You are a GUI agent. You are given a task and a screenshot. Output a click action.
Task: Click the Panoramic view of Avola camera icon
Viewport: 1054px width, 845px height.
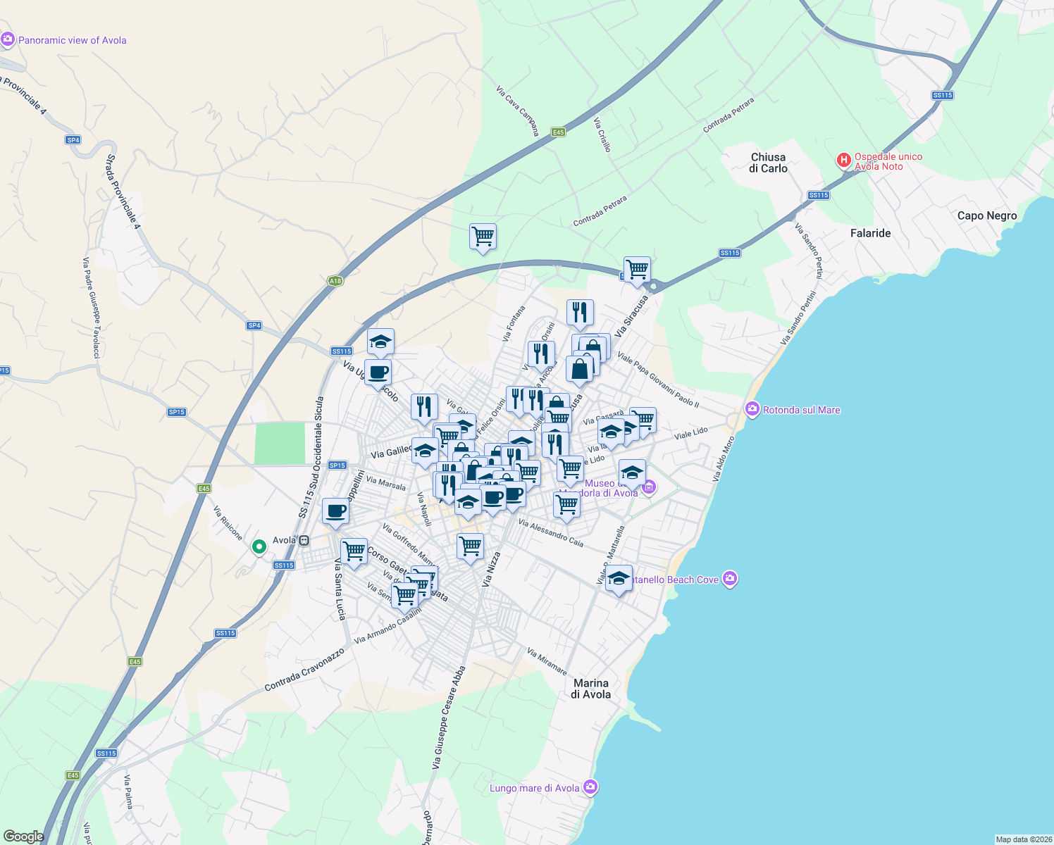[8, 39]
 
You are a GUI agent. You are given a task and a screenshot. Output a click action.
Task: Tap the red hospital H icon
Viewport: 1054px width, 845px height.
[843, 161]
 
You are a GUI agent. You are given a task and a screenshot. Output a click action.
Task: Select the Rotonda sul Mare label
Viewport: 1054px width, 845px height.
[801, 410]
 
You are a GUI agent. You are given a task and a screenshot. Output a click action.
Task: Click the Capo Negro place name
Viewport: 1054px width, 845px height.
[986, 215]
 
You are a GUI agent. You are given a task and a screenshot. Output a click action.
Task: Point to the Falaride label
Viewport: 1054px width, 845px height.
[870, 233]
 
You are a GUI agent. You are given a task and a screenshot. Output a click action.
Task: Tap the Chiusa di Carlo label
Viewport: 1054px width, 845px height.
[768, 163]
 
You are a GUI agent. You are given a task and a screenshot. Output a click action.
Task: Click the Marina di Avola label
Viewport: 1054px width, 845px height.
[591, 689]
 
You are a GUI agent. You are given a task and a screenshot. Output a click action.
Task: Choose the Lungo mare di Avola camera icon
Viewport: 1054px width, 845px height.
[590, 787]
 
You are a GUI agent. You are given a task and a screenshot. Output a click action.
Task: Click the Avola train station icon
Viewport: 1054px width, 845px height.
[304, 540]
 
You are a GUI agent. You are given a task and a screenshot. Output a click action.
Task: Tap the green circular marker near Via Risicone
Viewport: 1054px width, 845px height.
[259, 546]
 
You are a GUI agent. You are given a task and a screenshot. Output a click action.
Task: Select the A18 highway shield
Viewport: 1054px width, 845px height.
[335, 281]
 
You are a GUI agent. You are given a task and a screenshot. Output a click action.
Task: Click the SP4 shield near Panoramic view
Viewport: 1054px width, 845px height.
[73, 140]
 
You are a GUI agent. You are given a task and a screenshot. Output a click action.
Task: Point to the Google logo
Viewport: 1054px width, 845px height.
[23, 836]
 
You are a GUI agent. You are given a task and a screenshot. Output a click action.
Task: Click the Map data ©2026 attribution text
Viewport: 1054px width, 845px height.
[1023, 839]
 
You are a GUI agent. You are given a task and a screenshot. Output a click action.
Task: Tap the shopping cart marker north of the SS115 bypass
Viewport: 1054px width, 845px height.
[483, 237]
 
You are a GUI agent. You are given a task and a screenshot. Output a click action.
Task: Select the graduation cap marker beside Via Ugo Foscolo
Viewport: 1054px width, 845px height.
[380, 342]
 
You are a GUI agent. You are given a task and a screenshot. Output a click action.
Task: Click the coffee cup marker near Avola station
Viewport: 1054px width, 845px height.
[335, 511]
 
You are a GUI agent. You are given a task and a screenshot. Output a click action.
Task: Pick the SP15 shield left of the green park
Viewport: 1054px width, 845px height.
[177, 412]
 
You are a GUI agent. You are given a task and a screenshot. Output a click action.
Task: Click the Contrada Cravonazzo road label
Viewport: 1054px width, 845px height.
[304, 670]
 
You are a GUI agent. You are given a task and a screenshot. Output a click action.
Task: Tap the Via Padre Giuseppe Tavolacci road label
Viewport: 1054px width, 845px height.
[92, 308]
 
